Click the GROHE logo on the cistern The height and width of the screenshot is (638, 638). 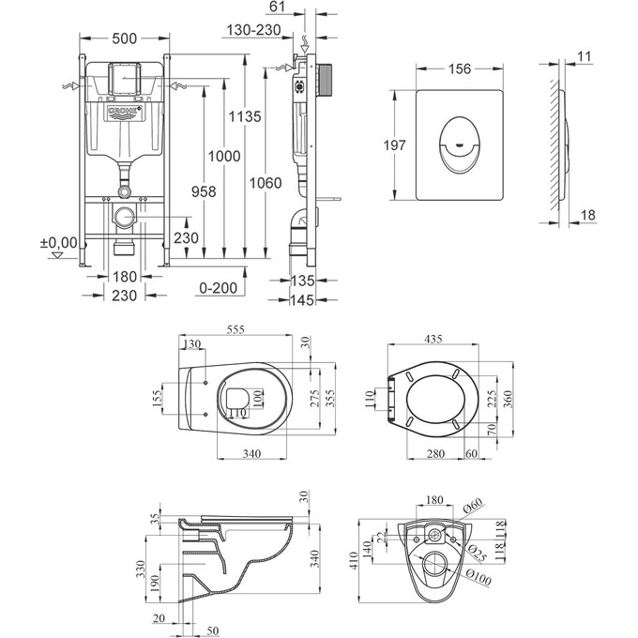(x=126, y=113)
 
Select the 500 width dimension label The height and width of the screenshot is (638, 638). (x=125, y=38)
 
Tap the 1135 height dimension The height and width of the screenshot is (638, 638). (x=245, y=116)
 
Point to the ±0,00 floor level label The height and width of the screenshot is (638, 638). (x=58, y=243)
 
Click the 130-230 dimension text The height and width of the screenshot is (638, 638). (x=253, y=30)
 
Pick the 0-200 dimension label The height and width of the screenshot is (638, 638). (x=218, y=288)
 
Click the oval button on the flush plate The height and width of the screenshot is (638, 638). (x=460, y=144)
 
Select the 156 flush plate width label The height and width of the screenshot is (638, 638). (x=460, y=69)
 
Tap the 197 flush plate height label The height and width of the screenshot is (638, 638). (x=395, y=145)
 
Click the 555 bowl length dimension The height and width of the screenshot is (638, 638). (x=235, y=329)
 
